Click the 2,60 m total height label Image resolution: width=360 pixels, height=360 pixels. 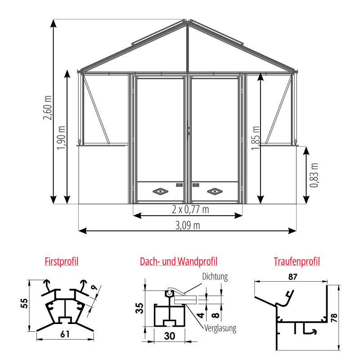click(x=48, y=108)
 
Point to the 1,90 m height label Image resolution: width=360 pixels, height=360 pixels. click(x=61, y=138)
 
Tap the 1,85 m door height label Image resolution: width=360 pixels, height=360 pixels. click(x=256, y=138)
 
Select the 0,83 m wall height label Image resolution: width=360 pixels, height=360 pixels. click(x=314, y=175)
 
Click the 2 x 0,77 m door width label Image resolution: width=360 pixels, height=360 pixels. click(x=190, y=209)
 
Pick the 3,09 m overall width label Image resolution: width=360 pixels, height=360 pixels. click(x=188, y=225)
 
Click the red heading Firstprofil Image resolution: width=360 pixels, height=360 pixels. click(x=62, y=261)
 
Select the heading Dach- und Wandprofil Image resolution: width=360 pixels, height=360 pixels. click(x=179, y=261)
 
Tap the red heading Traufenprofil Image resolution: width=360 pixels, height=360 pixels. click(x=297, y=261)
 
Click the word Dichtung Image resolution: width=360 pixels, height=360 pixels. click(x=215, y=277)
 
